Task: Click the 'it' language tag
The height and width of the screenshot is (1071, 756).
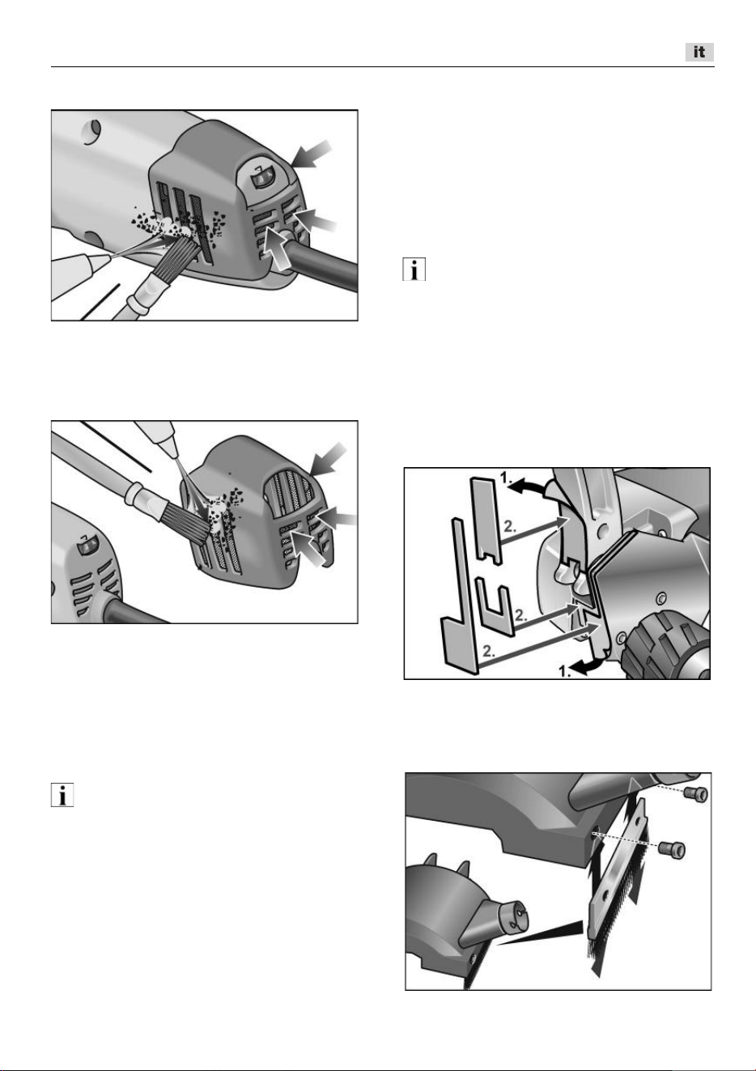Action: click(x=699, y=52)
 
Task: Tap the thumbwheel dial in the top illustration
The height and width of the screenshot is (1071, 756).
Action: click(x=261, y=181)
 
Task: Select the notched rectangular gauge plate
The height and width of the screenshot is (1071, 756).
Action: click(x=486, y=521)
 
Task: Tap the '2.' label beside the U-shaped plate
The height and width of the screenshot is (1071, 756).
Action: click(x=520, y=616)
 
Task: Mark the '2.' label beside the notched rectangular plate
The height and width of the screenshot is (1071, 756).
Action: click(x=510, y=527)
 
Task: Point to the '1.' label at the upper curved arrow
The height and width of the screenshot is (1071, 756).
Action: click(x=506, y=477)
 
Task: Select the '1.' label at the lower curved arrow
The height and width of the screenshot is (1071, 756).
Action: click(x=566, y=671)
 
